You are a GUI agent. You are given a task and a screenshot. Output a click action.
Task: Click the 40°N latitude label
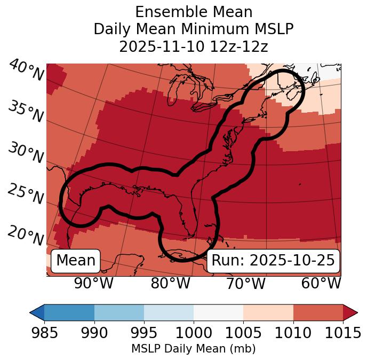26,71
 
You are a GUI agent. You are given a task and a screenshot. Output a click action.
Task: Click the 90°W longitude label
93,283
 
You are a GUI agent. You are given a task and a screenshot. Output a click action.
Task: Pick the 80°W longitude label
170,283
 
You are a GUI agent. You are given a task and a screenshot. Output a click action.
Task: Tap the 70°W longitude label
245,283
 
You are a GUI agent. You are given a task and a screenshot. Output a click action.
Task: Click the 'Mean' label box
76,261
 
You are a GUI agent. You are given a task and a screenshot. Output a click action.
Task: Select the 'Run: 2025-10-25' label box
273,261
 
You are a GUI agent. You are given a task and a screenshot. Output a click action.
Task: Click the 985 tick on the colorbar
44,333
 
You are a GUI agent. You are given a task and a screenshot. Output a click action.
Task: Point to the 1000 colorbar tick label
194,333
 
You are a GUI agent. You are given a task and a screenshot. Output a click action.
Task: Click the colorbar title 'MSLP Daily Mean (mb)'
193,349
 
